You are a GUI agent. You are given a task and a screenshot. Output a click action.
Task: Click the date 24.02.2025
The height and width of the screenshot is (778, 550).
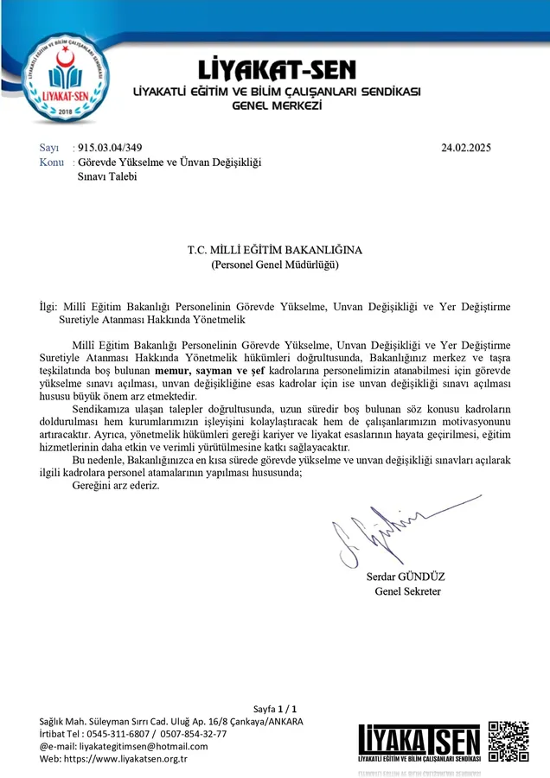pyautogui.click(x=466, y=148)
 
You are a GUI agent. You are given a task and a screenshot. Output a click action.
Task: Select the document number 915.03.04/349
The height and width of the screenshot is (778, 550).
pyautogui.click(x=110, y=148)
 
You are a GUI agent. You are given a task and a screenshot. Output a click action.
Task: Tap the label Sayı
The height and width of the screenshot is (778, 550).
pyautogui.click(x=49, y=148)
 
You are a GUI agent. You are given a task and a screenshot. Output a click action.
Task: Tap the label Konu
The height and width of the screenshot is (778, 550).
pyautogui.click(x=52, y=162)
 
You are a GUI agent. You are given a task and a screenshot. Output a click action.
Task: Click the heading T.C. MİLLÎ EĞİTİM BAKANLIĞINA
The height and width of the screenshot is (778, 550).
pyautogui.click(x=275, y=250)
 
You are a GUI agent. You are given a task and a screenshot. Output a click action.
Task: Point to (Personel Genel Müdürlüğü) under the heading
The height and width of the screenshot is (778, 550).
pyautogui.click(x=275, y=265)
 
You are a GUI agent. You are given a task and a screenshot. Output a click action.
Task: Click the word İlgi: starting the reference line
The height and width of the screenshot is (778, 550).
pyautogui.click(x=50, y=306)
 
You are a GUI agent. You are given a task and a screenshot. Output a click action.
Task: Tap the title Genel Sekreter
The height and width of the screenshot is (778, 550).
pyautogui.click(x=408, y=591)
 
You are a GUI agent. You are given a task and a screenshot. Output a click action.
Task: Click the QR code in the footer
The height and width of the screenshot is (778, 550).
pyautogui.click(x=508, y=741)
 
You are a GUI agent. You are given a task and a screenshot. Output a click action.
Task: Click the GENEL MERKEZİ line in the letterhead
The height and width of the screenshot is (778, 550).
pyautogui.click(x=277, y=105)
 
